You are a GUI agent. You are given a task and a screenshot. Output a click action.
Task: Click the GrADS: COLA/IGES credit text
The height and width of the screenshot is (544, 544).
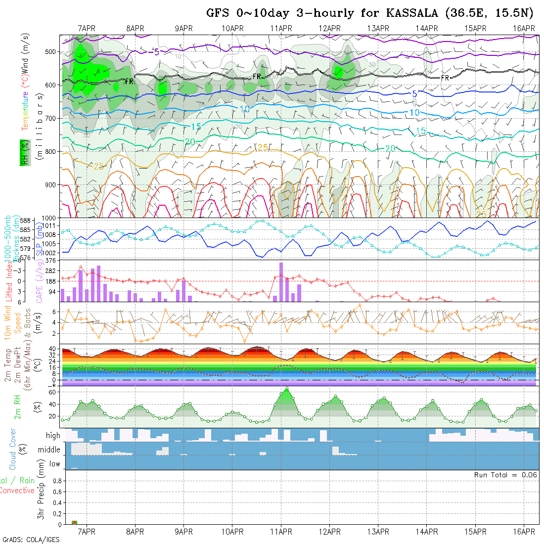[x=31, y=540]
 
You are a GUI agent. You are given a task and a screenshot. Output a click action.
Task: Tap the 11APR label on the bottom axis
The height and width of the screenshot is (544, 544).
[x=281, y=532]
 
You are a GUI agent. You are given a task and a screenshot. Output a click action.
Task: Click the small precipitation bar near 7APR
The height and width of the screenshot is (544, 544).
[x=74, y=522]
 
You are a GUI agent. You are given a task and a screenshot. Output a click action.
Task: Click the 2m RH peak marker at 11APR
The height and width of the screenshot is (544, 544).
[x=287, y=389]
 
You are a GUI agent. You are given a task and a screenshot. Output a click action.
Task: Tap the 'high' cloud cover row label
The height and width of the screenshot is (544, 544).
[x=53, y=436]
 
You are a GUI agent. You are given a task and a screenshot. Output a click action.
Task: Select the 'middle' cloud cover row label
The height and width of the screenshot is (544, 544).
[x=49, y=450]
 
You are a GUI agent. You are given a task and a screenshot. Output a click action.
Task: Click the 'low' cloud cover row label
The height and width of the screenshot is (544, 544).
[x=54, y=464]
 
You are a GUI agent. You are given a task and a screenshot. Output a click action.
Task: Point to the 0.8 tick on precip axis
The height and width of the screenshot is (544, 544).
[x=56, y=480]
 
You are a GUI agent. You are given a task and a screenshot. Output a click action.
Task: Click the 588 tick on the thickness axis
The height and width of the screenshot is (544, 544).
[x=26, y=221]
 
